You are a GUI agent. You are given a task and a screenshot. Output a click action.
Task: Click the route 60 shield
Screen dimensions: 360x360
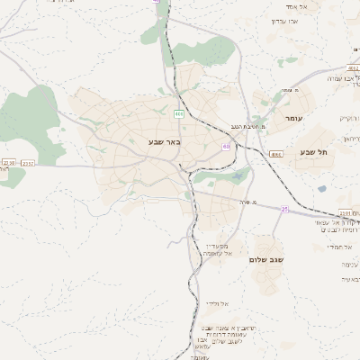[225, 146]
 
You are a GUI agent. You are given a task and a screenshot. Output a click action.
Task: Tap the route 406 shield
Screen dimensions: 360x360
[179, 113]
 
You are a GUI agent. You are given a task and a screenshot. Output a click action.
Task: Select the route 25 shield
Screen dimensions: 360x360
[284, 209]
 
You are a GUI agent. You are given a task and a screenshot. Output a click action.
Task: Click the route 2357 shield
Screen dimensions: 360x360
[27, 164]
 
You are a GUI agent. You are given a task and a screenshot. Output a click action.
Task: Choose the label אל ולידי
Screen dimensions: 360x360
[219, 303]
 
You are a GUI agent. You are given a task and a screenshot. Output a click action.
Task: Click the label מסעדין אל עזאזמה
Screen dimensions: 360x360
[216, 249]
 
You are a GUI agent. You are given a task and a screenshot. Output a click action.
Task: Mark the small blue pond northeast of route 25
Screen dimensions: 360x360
[321, 189]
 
